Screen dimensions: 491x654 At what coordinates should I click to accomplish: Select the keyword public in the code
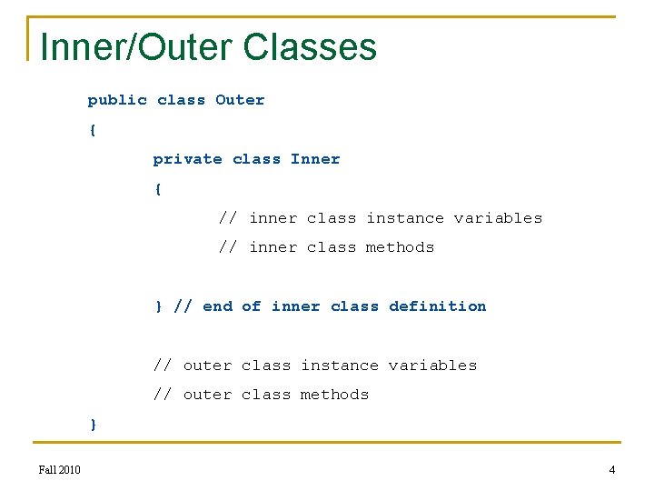coord(117,100)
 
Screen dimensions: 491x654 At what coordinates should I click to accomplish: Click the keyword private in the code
coord(187,159)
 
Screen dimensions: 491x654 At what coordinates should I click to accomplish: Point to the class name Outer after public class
coord(240,100)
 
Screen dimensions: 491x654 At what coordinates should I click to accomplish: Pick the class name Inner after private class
coord(315,159)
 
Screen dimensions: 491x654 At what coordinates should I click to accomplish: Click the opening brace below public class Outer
coord(93,130)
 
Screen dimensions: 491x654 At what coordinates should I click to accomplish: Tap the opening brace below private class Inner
coord(158,189)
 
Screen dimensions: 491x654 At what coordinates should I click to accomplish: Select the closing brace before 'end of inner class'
coord(158,306)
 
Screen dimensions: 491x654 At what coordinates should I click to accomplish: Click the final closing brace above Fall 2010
coord(93,425)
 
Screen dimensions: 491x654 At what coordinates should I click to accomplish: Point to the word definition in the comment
coord(437,306)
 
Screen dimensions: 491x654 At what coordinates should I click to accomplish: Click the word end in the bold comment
coord(217,306)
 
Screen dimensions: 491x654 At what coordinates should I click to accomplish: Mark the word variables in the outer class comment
coord(432,366)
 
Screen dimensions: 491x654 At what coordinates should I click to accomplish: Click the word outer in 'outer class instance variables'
coord(207,366)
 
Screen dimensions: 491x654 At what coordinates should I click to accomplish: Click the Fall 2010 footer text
coord(60,469)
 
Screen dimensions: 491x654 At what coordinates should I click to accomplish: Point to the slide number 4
coord(611,469)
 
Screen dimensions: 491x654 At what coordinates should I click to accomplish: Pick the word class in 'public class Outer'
coord(181,100)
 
